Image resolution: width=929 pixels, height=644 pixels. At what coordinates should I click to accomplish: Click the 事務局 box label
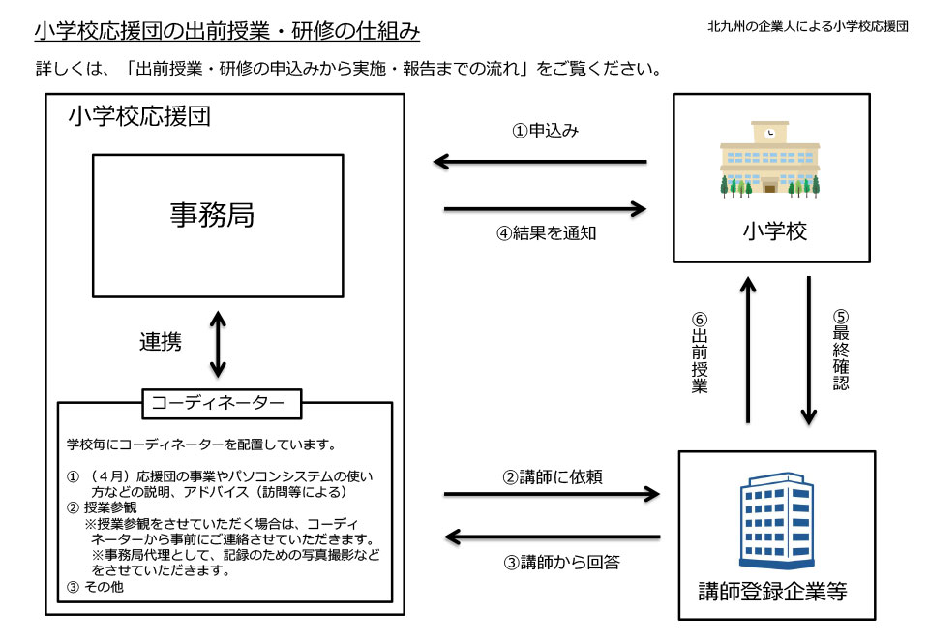(x=212, y=215)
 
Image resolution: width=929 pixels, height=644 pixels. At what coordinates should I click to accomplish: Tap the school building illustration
(x=770, y=159)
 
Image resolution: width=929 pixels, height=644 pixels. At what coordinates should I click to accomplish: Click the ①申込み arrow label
(x=545, y=131)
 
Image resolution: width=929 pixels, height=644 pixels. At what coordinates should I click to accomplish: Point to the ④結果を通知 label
(x=544, y=235)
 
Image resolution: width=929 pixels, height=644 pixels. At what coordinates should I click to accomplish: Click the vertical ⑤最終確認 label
(x=840, y=350)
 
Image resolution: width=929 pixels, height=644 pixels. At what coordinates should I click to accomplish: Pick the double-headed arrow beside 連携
(x=218, y=343)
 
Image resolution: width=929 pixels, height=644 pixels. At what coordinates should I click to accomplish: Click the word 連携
(x=161, y=342)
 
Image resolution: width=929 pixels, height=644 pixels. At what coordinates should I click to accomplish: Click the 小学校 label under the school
(x=771, y=231)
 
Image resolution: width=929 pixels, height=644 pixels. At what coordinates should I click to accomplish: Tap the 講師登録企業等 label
(x=772, y=590)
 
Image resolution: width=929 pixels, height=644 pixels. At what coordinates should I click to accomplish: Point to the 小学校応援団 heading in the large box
(x=139, y=117)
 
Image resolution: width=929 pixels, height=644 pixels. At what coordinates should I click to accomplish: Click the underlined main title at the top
(x=226, y=32)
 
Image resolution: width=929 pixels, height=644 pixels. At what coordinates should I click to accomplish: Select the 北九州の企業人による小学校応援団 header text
(x=808, y=26)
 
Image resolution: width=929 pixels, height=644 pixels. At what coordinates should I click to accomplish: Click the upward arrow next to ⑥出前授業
(x=747, y=350)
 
